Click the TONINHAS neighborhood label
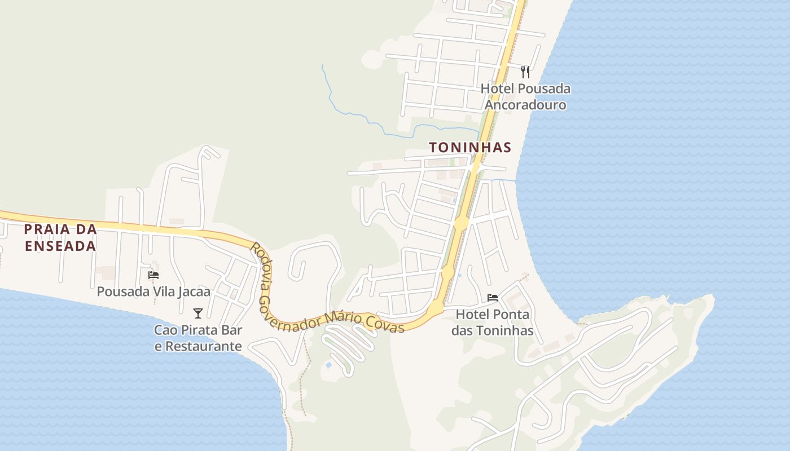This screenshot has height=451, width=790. (470, 148)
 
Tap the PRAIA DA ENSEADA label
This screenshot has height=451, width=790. (60, 238)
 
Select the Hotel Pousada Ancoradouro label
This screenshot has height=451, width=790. (525, 96)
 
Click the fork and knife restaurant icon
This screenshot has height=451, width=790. (525, 72)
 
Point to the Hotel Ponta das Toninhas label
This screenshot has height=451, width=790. (493, 322)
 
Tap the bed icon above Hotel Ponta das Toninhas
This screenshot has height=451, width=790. (493, 298)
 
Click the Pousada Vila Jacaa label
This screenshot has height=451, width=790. (153, 291)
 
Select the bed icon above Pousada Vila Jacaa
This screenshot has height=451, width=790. (153, 275)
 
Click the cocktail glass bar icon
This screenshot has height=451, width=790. (197, 313)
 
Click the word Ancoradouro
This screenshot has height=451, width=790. (525, 105)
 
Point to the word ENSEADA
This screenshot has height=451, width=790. (60, 246)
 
